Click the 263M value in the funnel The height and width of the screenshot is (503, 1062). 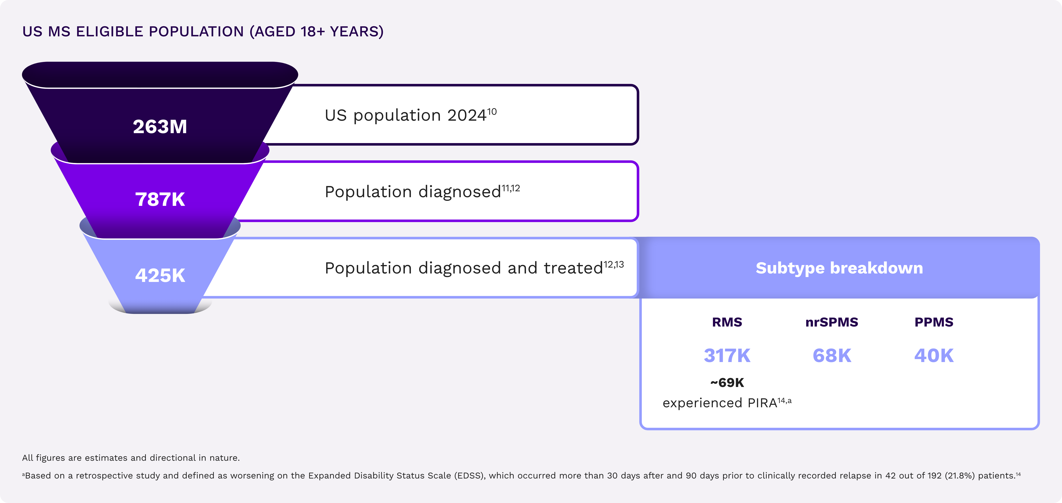pyautogui.click(x=160, y=127)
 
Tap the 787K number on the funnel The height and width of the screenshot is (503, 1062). pyautogui.click(x=160, y=200)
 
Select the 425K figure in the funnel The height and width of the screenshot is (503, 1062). pyautogui.click(x=160, y=275)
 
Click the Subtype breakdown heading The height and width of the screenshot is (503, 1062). pyautogui.click(x=839, y=268)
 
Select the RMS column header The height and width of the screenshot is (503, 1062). pyautogui.click(x=727, y=322)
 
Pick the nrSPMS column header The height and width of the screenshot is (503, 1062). pyautogui.click(x=832, y=322)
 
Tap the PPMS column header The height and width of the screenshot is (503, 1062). pyautogui.click(x=934, y=322)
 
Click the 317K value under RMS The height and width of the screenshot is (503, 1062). pyautogui.click(x=727, y=355)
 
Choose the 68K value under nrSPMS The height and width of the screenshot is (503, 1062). pyautogui.click(x=832, y=355)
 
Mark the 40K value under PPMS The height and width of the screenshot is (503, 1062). pyautogui.click(x=934, y=355)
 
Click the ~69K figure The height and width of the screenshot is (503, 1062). pyautogui.click(x=727, y=383)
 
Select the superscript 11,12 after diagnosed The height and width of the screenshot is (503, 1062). pyautogui.click(x=511, y=189)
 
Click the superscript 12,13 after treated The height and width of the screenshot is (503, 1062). pyautogui.click(x=614, y=265)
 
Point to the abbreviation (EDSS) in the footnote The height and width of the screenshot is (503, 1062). pyautogui.click(x=470, y=476)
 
